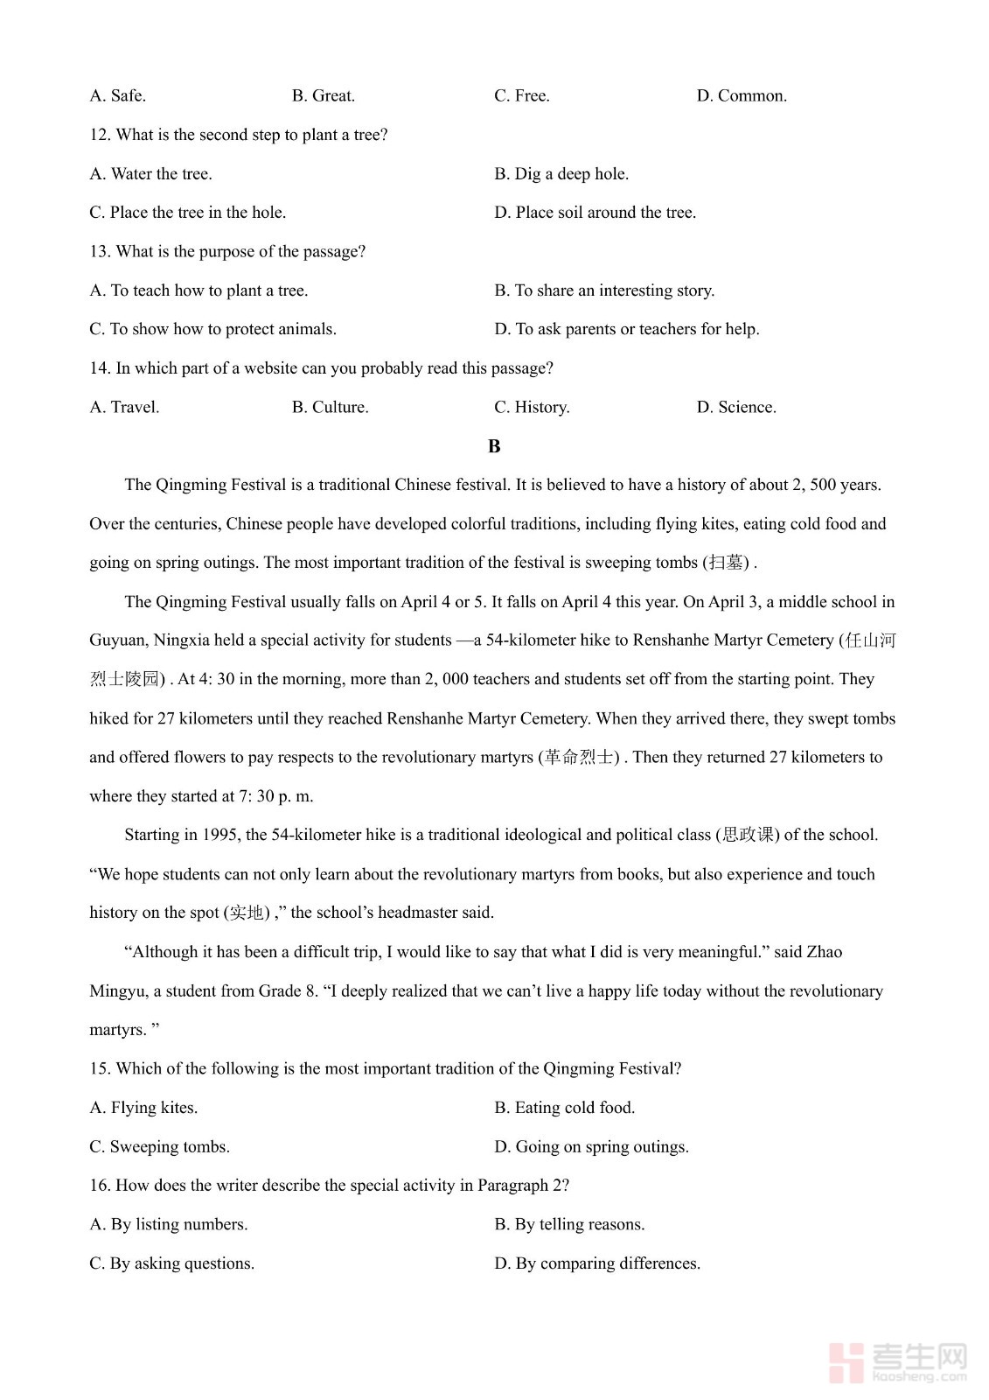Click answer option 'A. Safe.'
(x=117, y=95)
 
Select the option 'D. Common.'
(x=741, y=95)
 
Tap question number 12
(x=99, y=135)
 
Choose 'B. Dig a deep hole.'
(x=561, y=173)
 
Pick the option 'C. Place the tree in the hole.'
(x=187, y=213)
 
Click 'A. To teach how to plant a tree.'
(x=198, y=290)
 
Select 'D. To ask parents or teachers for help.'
(x=626, y=329)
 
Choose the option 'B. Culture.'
(x=330, y=407)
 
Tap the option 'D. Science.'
(x=735, y=407)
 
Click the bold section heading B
(x=494, y=446)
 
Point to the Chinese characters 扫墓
(x=726, y=563)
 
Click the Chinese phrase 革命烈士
(x=579, y=757)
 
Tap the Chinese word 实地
(x=247, y=913)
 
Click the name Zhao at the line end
(x=824, y=952)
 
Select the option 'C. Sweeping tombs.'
(x=159, y=1146)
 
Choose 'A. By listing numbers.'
(x=168, y=1224)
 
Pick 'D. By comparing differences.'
(x=596, y=1263)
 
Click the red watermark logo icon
(x=846, y=1362)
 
